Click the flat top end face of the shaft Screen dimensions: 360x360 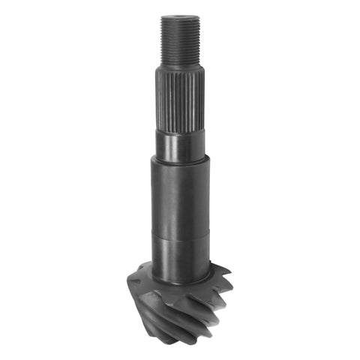pos(180,16)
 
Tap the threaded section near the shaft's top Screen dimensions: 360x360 pos(180,41)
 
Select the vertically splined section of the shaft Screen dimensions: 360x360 pos(180,97)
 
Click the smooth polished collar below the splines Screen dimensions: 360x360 pos(180,146)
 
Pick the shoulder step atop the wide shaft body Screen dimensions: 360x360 pos(180,160)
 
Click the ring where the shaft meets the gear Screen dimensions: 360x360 pos(180,282)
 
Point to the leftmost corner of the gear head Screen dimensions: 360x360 pos(128,279)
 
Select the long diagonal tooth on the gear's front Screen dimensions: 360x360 pos(169,315)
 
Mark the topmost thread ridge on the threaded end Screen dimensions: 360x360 pos(180,21)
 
